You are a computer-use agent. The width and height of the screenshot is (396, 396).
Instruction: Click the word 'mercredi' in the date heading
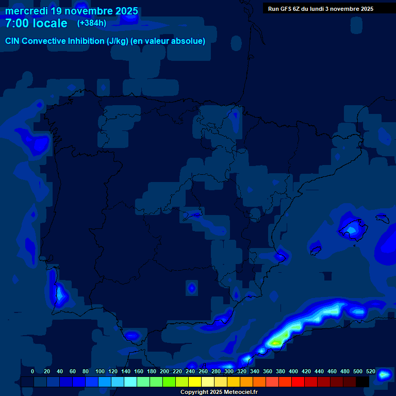point(26,11)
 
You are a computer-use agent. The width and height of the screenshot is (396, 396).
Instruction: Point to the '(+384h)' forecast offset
point(92,23)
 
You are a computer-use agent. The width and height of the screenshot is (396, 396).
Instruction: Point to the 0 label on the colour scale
point(32,372)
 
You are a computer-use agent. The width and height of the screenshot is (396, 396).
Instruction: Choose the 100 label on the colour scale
point(100,372)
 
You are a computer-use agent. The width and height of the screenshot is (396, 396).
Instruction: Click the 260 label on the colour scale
point(203,372)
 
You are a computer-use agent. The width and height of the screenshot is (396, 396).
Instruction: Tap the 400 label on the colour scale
point(293,372)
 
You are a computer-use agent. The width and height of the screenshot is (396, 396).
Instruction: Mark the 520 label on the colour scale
point(370,372)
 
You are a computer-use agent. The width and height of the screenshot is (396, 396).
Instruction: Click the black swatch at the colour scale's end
point(362,382)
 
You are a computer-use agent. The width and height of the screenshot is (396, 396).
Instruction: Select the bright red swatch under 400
point(298,382)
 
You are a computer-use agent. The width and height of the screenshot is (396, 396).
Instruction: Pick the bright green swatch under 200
point(169,382)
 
